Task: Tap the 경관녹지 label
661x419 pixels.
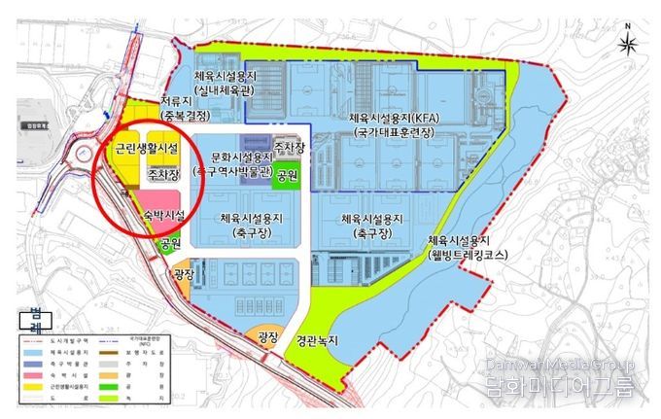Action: [321, 342]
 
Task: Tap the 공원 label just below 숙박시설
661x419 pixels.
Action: [171, 243]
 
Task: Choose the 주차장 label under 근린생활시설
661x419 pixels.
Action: [162, 174]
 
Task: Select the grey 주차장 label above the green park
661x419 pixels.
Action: [290, 148]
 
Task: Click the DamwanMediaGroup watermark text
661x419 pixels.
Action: [560, 365]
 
